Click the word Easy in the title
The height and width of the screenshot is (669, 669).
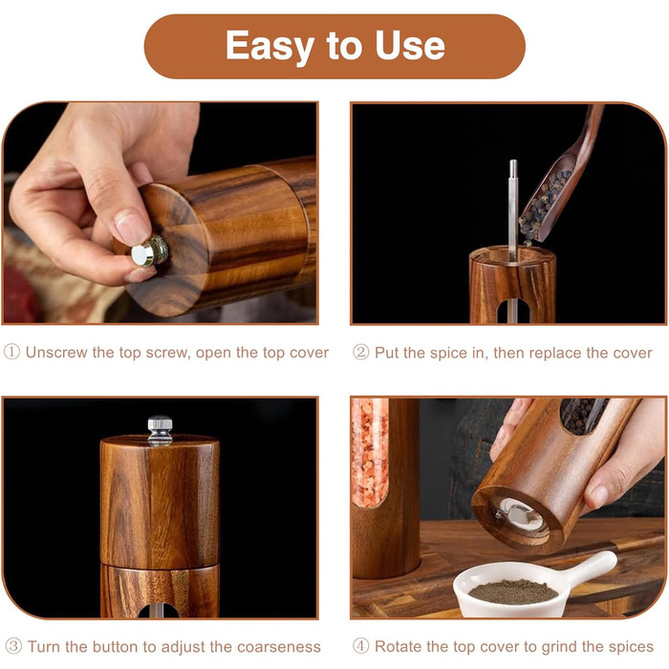tap(270, 46)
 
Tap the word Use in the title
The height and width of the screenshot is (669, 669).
tap(410, 45)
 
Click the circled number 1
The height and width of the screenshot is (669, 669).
tap(11, 353)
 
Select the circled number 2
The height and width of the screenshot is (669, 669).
tap(360, 353)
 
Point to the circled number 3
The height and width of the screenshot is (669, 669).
tap(12, 646)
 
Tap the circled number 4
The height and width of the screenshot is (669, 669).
tap(360, 646)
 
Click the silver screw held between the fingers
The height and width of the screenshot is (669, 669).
tap(149, 251)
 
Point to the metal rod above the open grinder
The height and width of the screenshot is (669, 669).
tap(513, 210)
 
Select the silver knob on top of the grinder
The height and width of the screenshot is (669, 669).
tap(160, 431)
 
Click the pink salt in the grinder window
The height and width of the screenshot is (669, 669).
tap(370, 452)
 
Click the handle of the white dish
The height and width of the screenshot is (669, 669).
tap(593, 566)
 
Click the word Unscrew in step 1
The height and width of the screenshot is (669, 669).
tap(56, 353)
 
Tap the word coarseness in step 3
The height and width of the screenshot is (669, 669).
tap(279, 647)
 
